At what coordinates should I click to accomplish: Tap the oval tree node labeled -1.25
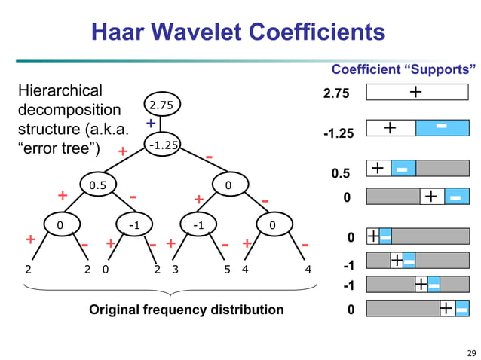(x=161, y=145)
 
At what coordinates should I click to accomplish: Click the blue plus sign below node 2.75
(x=150, y=123)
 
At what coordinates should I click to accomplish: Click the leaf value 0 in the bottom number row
(x=105, y=269)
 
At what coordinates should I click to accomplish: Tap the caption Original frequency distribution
(x=186, y=310)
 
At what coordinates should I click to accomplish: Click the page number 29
(x=471, y=353)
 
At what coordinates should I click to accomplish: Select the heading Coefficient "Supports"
(x=403, y=70)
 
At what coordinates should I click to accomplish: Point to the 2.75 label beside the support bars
(x=338, y=93)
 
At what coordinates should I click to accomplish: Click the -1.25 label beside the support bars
(x=338, y=133)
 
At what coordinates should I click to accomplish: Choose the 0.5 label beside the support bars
(x=341, y=173)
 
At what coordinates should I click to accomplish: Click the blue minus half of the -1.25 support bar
(x=442, y=128)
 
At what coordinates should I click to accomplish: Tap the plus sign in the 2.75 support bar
(x=415, y=92)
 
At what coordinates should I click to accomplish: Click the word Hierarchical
(x=60, y=91)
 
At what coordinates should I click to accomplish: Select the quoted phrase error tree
(x=58, y=145)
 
